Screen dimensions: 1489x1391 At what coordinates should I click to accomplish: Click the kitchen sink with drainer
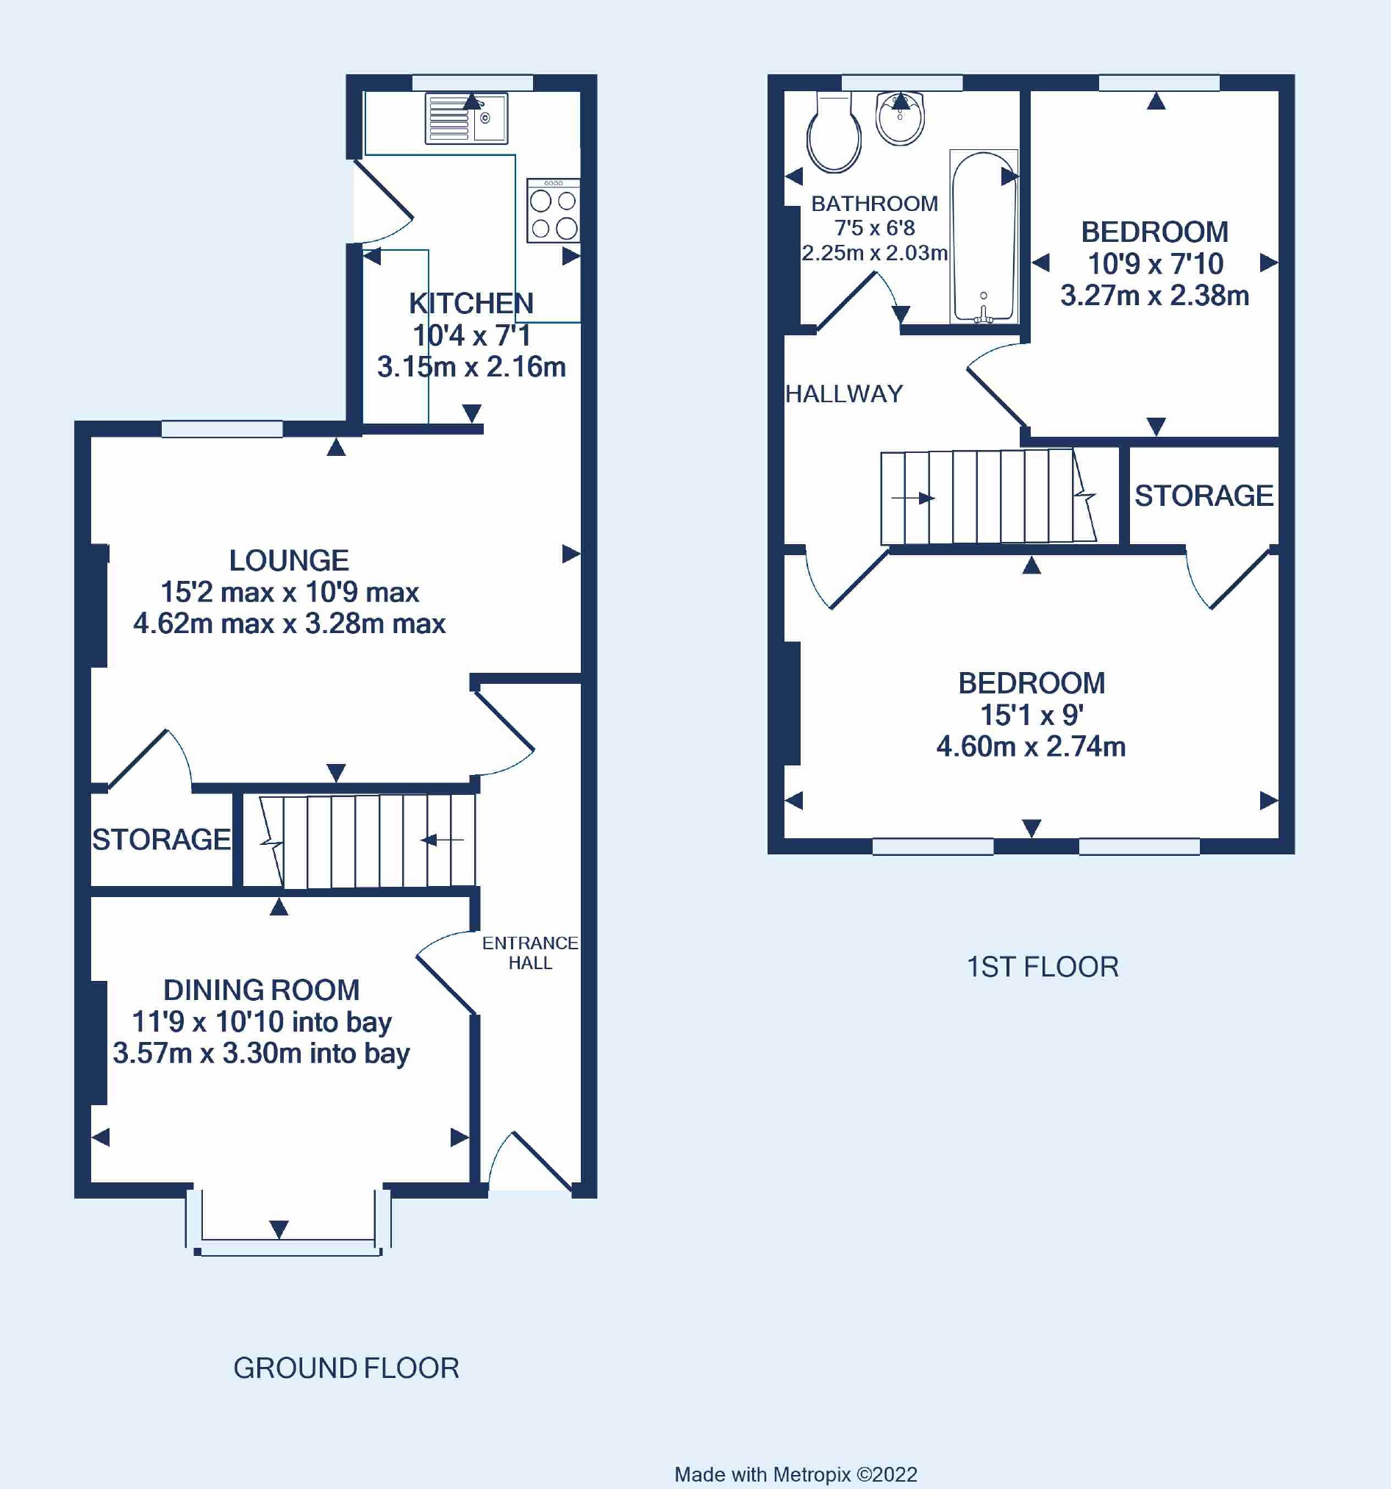(x=466, y=118)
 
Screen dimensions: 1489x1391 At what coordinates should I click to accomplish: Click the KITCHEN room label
(x=471, y=304)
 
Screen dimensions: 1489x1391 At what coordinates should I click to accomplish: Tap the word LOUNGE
(x=288, y=560)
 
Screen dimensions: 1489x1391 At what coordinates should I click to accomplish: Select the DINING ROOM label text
(x=262, y=990)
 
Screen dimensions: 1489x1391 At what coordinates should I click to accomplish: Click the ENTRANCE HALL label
(x=530, y=953)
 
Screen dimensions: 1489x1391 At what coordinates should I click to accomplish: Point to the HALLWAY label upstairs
(x=843, y=394)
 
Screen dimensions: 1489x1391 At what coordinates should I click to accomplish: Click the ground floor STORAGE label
(x=161, y=840)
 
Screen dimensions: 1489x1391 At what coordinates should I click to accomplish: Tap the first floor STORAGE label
(x=1203, y=496)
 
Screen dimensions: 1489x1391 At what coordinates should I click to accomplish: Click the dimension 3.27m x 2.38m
(x=1154, y=296)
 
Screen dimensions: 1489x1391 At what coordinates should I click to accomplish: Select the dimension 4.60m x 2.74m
(x=1031, y=747)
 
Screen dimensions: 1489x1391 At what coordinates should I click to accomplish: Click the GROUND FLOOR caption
(x=346, y=1368)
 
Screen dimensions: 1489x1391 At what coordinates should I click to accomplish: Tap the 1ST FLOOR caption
(x=1042, y=967)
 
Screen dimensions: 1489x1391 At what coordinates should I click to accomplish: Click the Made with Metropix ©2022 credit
(x=795, y=1474)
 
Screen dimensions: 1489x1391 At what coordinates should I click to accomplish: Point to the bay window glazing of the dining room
(x=288, y=1246)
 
